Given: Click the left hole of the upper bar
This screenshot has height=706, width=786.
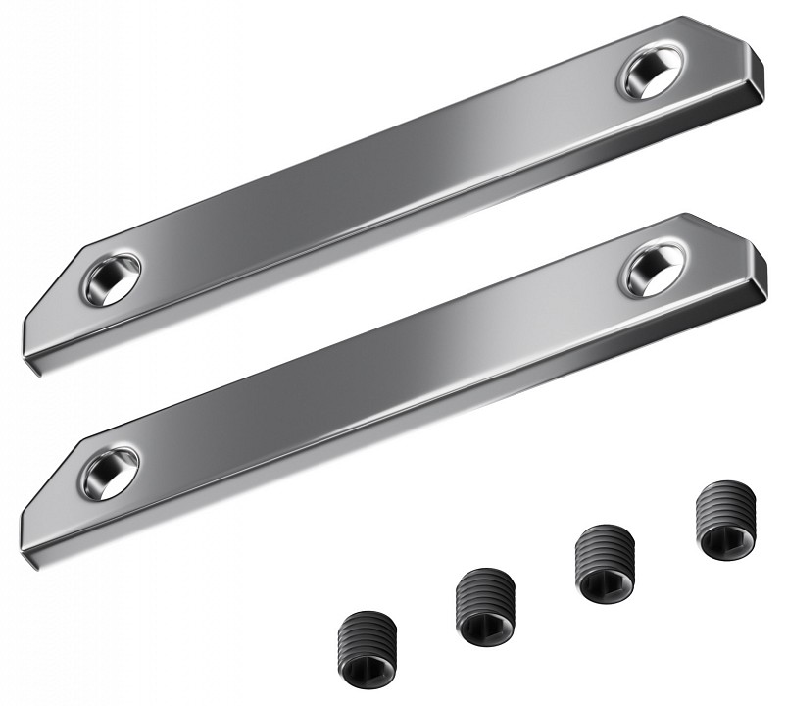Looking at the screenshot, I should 111,277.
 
